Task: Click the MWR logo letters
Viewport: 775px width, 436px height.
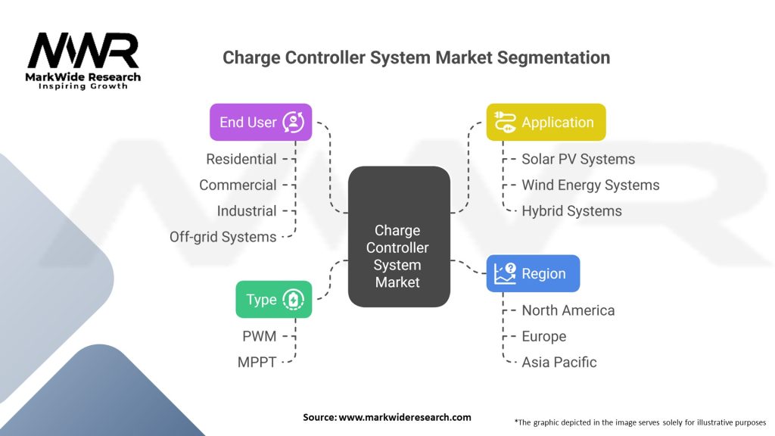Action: tap(83, 51)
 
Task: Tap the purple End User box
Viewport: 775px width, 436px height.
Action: tap(261, 122)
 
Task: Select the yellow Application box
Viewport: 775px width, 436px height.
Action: tap(546, 122)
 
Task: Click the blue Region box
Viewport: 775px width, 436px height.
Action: tap(534, 273)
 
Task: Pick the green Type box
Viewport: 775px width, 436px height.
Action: tap(274, 300)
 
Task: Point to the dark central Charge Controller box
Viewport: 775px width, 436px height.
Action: tap(399, 237)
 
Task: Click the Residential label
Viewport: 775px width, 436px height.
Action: tap(241, 159)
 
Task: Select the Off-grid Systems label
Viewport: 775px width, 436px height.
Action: tap(223, 237)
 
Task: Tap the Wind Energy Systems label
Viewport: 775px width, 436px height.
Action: tap(590, 185)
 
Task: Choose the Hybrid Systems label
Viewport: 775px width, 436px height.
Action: tap(572, 211)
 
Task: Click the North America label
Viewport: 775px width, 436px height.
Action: tap(568, 310)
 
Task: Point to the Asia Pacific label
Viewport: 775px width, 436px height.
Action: tap(559, 363)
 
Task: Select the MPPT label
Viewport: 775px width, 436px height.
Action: tap(257, 363)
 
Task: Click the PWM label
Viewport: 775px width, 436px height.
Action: tap(260, 337)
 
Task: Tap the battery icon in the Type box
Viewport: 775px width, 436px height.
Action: tap(294, 300)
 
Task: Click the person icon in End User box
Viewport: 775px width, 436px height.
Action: tap(294, 122)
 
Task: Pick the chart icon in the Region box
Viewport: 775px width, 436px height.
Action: tap(505, 273)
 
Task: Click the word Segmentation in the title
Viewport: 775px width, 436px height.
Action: tap(553, 58)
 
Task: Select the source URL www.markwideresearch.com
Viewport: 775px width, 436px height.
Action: tap(405, 417)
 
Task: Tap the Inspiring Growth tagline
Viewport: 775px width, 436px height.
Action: tap(83, 86)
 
